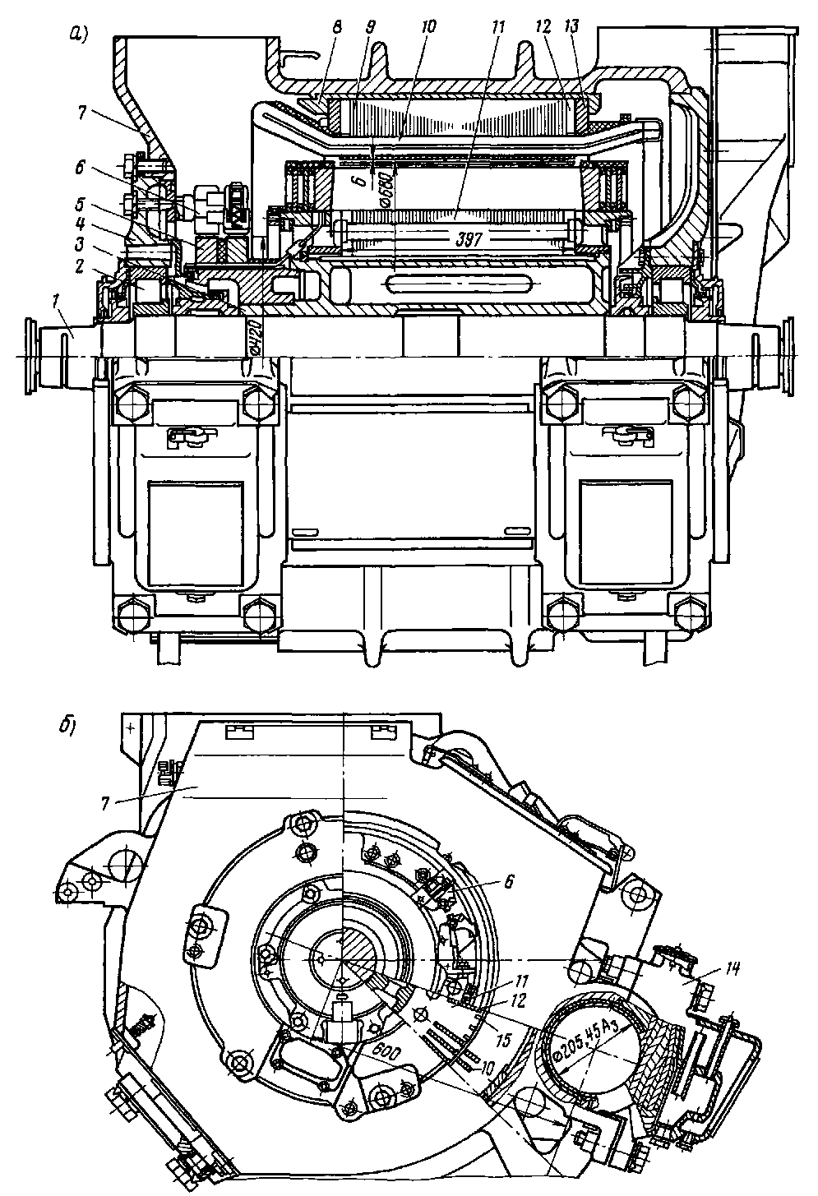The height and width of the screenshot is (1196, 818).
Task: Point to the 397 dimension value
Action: (x=465, y=238)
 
